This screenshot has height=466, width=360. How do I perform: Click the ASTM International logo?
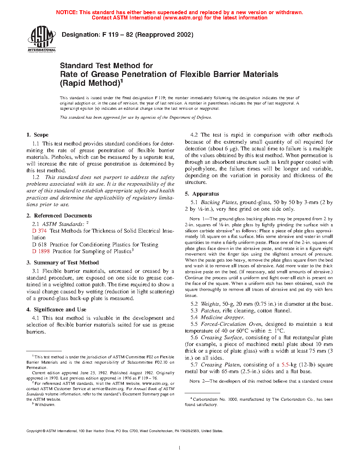coord(42,39)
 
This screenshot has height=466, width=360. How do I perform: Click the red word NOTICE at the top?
coord(67,12)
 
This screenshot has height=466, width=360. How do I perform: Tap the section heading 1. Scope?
coord(37,135)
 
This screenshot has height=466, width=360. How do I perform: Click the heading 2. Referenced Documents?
coord(59,216)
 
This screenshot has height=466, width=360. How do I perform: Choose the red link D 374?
coord(39,231)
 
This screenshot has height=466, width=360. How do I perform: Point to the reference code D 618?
coord(39,245)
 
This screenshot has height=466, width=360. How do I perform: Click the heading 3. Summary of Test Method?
coord(63,263)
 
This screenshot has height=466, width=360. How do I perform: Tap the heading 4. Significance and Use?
coord(56,310)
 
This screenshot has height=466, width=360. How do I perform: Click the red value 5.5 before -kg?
coord(285,365)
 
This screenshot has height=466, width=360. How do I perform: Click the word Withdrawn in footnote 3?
coord(45,405)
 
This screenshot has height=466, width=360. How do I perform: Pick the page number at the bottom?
coord(180,448)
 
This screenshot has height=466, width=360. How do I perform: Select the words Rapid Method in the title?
coord(90,83)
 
